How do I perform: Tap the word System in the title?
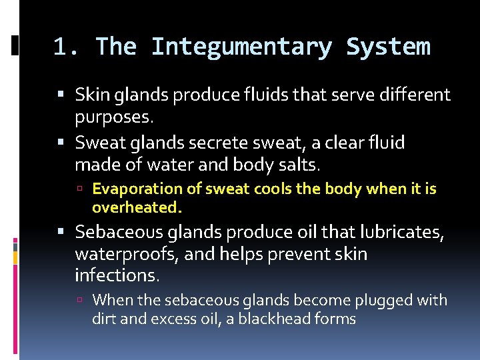coord(388,47)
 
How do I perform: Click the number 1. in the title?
coord(67,47)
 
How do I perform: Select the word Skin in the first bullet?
coord(91,95)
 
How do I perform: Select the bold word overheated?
coord(137,207)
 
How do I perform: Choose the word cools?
coord(269,189)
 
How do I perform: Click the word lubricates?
coord(399,232)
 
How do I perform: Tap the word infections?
coord(117,275)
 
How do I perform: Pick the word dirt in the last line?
coord(105,319)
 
